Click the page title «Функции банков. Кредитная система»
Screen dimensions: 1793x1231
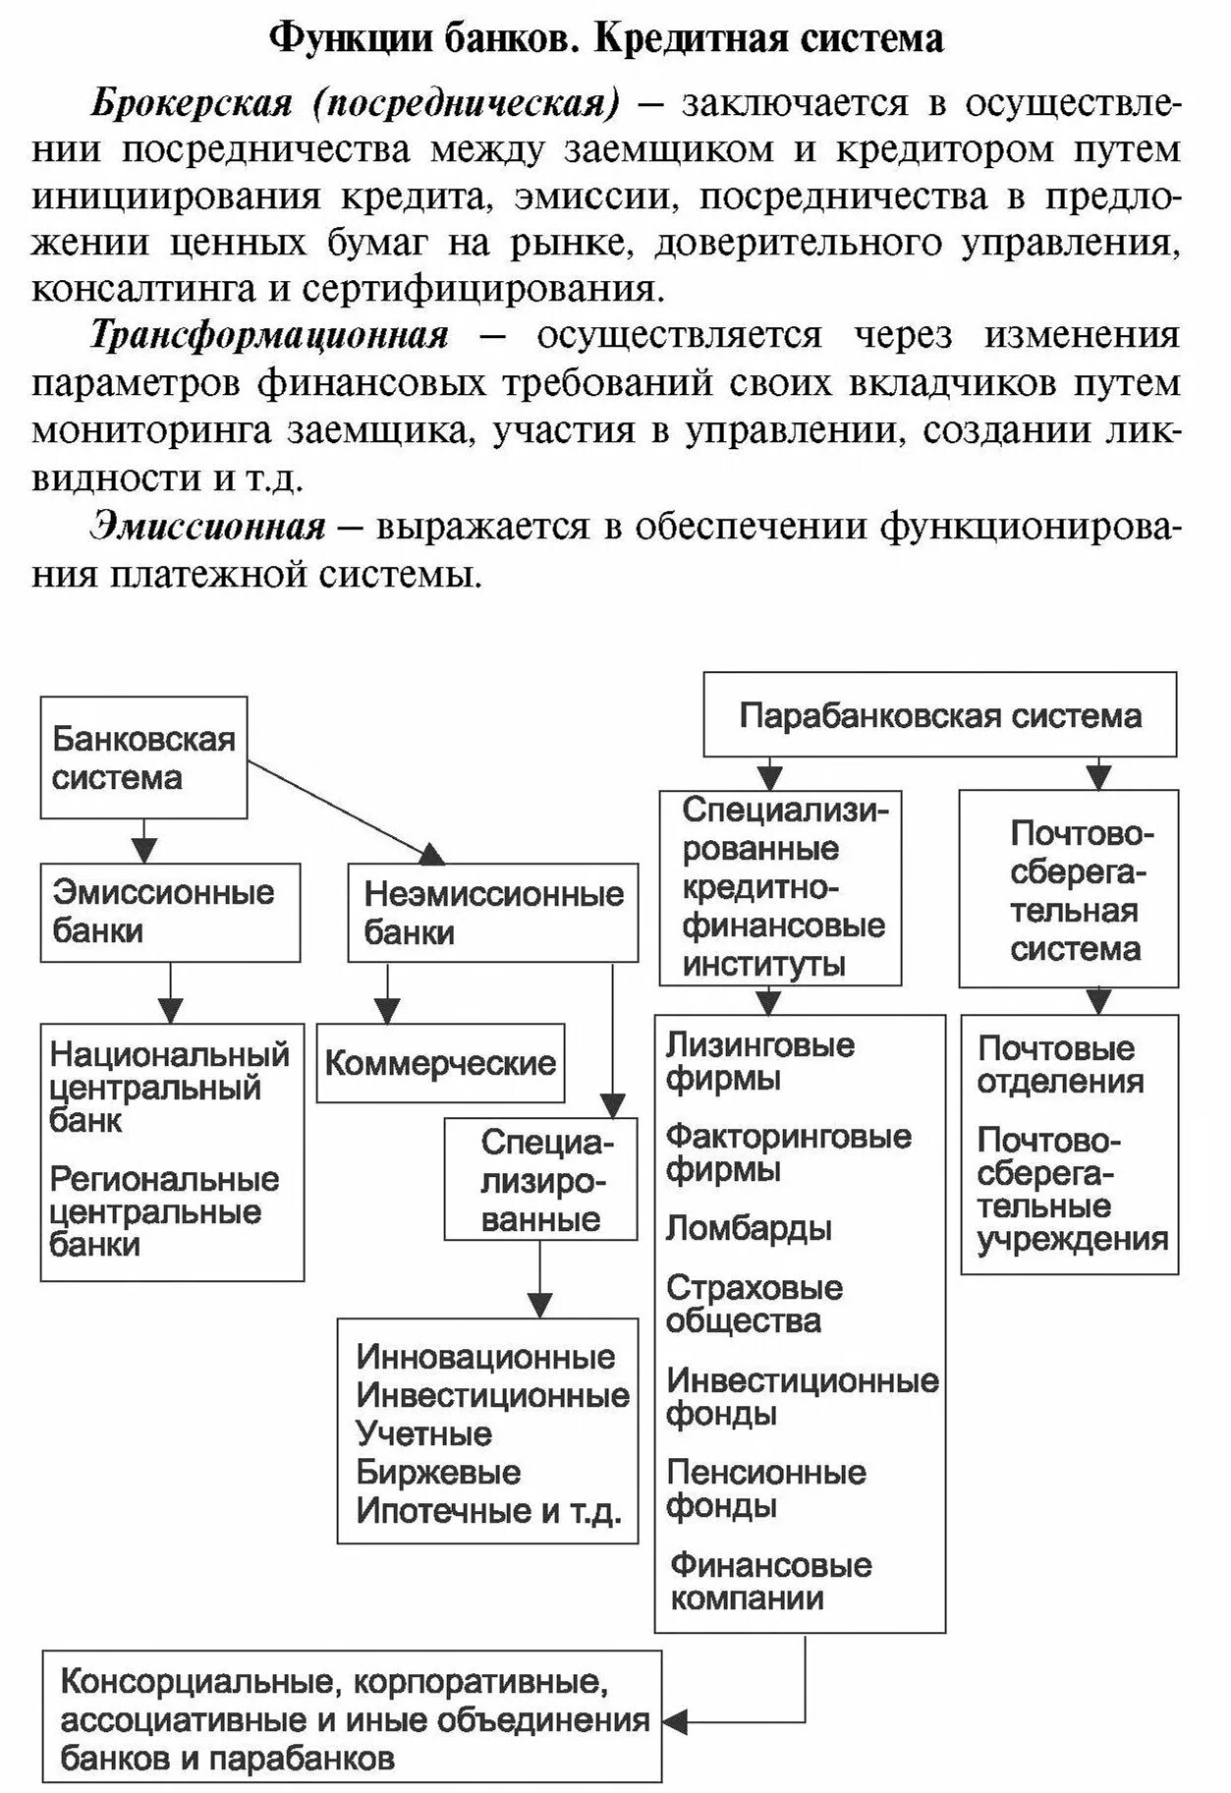coord(606,39)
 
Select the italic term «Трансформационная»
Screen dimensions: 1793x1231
coord(269,336)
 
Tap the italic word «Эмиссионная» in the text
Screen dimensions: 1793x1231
coord(207,528)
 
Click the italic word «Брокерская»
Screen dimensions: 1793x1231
coord(193,103)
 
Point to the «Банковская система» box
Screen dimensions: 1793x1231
coord(143,757)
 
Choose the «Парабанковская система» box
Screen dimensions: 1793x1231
coord(939,715)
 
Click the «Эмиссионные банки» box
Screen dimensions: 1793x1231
coord(170,912)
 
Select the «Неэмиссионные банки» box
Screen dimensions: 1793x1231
coord(492,913)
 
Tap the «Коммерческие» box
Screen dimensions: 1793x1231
coord(440,1063)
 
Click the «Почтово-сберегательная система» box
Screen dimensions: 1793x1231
coord(1069,891)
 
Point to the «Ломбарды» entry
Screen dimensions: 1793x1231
coord(749,1228)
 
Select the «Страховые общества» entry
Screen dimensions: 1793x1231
coord(754,1304)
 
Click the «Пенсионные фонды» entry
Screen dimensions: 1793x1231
coord(765,1488)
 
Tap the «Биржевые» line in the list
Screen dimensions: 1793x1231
coord(438,1472)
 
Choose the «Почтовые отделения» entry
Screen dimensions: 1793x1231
coord(1060,1065)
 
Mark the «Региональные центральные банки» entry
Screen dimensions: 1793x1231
coord(164,1211)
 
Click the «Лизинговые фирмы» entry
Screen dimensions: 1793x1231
coord(759,1061)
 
